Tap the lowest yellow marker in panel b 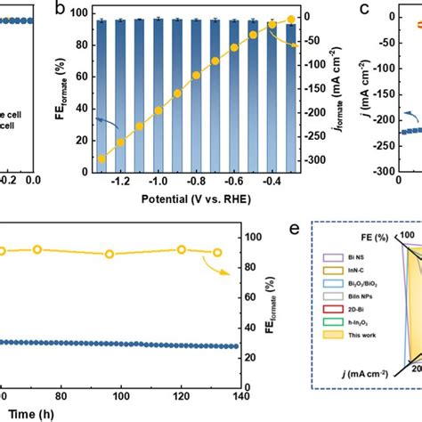point(101,158)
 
